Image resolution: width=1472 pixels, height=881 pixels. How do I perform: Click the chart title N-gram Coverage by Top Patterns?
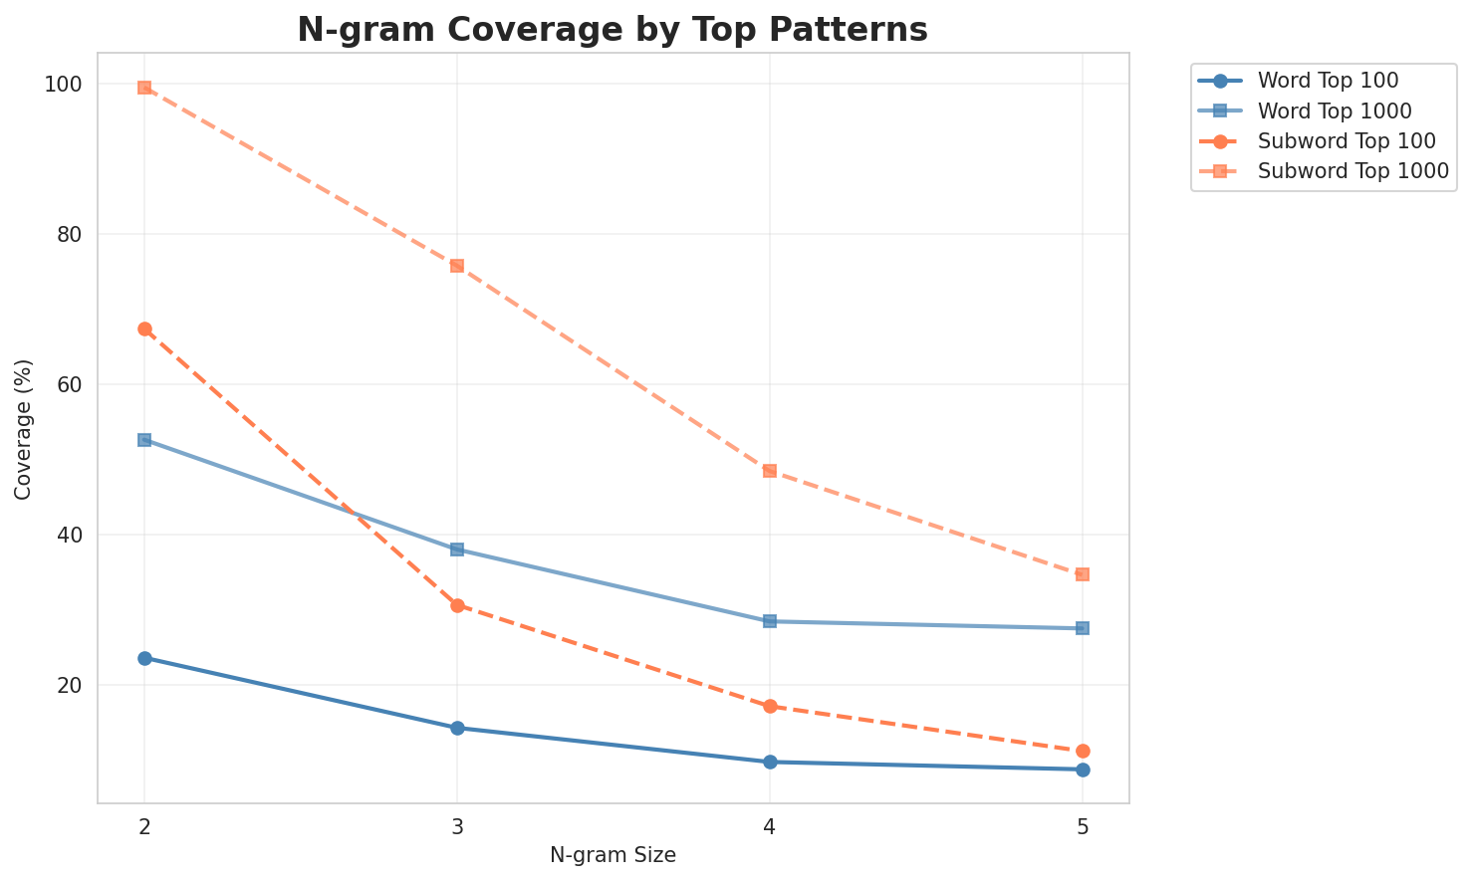point(613,30)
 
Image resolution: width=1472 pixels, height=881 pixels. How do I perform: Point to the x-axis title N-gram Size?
point(613,855)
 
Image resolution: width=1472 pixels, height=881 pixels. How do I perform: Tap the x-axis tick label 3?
point(457,826)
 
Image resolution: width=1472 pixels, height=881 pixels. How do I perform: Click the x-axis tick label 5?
point(1083,826)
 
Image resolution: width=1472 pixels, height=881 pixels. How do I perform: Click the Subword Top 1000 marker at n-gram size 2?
point(144,88)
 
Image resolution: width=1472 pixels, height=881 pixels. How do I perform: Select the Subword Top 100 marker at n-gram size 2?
point(144,329)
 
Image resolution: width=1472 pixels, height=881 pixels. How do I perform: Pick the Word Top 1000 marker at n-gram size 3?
point(457,550)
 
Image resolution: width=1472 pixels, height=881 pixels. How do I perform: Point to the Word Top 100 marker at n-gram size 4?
point(770,762)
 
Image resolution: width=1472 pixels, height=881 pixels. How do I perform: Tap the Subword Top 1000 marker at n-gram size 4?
point(770,470)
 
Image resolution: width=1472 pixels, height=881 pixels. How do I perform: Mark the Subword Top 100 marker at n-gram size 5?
point(1083,751)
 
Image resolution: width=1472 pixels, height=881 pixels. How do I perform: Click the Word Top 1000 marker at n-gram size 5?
point(1083,628)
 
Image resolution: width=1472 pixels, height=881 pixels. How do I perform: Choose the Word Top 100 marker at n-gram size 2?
point(144,658)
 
